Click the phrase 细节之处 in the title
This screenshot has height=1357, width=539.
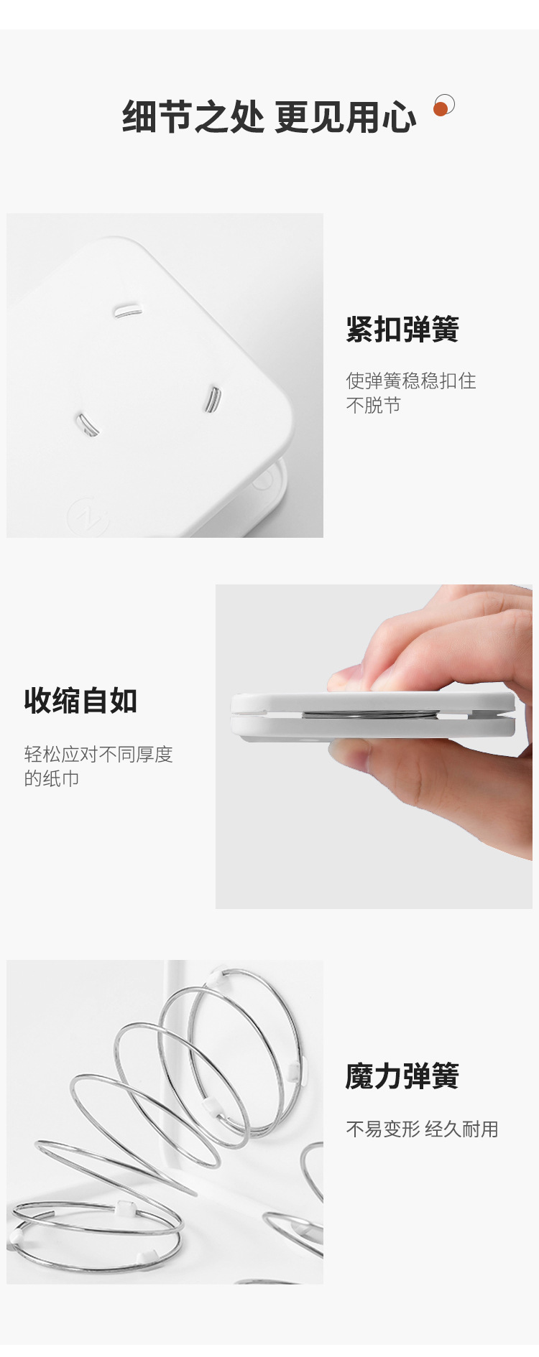click(193, 117)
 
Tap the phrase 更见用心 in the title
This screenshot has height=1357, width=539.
click(345, 117)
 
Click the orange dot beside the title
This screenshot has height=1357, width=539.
click(441, 108)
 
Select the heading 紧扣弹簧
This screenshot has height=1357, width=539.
click(402, 330)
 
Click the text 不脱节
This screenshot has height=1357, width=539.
click(373, 405)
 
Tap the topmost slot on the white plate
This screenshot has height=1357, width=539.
click(126, 310)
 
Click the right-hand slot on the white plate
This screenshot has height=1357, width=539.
click(212, 399)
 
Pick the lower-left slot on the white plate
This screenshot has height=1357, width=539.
click(88, 424)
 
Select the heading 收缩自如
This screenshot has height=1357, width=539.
click(80, 701)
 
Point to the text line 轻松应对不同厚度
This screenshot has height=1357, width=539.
click(98, 754)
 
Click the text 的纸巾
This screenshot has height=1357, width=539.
click(52, 778)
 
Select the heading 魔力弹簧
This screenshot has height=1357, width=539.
click(402, 1076)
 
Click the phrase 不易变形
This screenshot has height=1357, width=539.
click(382, 1129)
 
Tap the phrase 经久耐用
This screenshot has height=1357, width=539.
click(461, 1129)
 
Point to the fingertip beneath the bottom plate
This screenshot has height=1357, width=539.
click(352, 750)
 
